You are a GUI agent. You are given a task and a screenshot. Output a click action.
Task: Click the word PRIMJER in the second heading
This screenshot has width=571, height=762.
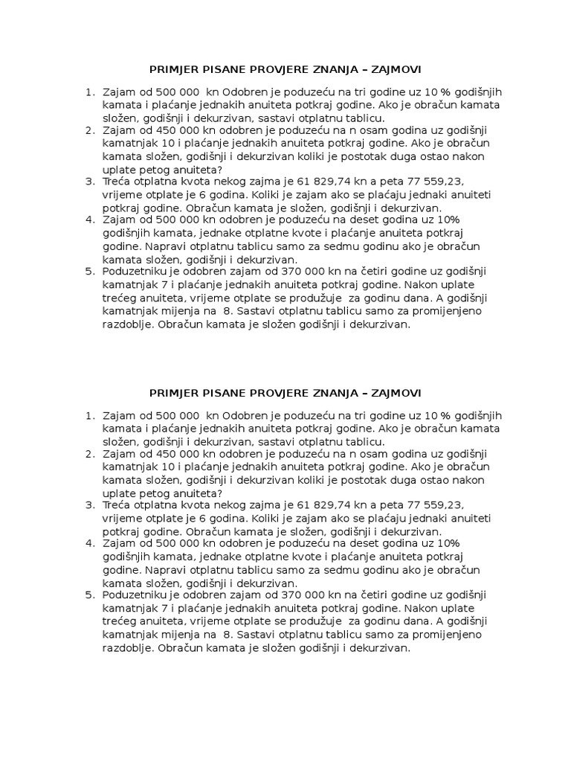174,392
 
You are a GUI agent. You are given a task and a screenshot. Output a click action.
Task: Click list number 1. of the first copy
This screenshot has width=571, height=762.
91,92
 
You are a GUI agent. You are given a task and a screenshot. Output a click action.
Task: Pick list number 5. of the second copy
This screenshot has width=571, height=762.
91,595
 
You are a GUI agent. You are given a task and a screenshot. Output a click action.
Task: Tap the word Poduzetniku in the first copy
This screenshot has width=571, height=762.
134,272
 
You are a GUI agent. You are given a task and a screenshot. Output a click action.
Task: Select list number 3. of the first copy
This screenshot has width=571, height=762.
91,182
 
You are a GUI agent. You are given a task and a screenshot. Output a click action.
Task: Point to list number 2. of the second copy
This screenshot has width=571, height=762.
91,452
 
